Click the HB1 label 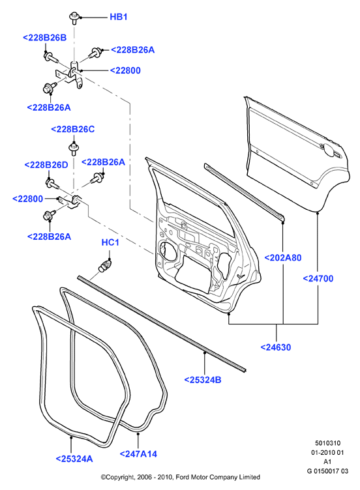pyautogui.click(x=119, y=17)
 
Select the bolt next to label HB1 pyautogui.click(x=74, y=18)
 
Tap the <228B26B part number pyautogui.click(x=45, y=38)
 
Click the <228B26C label pyautogui.click(x=72, y=130)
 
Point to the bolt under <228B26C pyautogui.click(x=74, y=149)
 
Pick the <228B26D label pyautogui.click(x=46, y=165)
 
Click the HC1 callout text pyautogui.click(x=110, y=242)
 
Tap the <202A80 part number pyautogui.click(x=283, y=258)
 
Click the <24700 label pyautogui.click(x=318, y=278)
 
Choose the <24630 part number pyautogui.click(x=276, y=347)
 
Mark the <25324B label pyautogui.click(x=203, y=380)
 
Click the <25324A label pyautogui.click(x=74, y=459)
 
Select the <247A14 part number pyautogui.click(x=138, y=454)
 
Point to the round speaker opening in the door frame pyautogui.click(x=166, y=251)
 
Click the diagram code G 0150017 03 pyautogui.click(x=327, y=471)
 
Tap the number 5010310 pyautogui.click(x=327, y=443)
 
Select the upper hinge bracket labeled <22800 pyautogui.click(x=70, y=74)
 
